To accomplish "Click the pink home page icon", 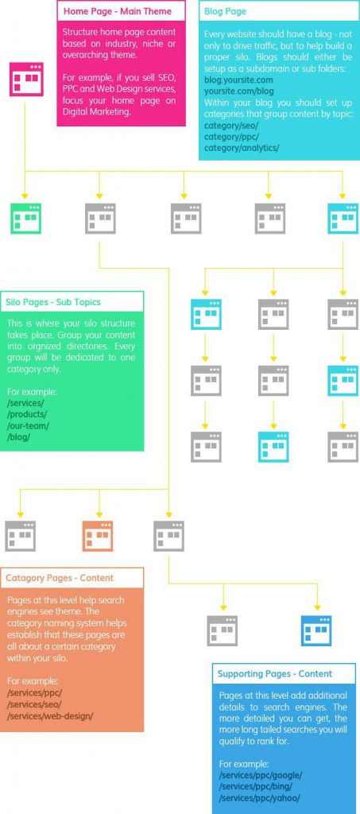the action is point(26,79).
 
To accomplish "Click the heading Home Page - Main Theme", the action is point(118,11).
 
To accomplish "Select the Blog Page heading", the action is point(225,11).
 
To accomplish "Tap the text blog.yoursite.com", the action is point(238,80).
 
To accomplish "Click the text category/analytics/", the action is point(242,147).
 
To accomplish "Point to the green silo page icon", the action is point(26,219).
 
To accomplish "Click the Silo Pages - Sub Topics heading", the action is point(53,301).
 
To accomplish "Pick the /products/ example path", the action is point(27,413).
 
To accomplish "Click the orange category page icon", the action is point(98,536).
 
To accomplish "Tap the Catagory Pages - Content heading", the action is point(60,578).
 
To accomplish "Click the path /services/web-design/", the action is point(50,716).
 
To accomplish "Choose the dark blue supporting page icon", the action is point(316,630).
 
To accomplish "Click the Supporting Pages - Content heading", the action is point(275,674).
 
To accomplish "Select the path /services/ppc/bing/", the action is point(256,786).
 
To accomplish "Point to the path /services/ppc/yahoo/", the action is point(259,798).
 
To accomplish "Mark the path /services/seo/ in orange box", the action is point(34,704).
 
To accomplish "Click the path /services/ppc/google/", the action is point(261,775).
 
